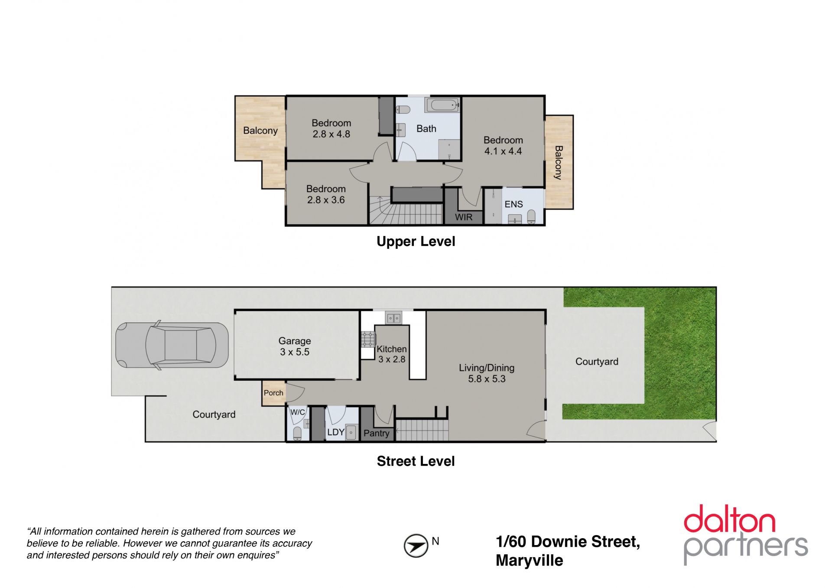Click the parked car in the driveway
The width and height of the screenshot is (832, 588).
[172, 346]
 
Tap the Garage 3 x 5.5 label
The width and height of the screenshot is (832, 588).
[295, 346]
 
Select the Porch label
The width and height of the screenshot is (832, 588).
[273, 393]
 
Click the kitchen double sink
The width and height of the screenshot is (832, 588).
[393, 318]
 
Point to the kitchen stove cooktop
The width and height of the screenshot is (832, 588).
[368, 339]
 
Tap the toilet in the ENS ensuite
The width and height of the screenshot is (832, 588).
[532, 216]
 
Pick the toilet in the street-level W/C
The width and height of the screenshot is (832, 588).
[298, 433]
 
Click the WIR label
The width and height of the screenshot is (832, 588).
[464, 217]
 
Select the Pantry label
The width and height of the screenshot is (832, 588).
[376, 433]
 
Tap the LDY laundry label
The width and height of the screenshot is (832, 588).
[335, 432]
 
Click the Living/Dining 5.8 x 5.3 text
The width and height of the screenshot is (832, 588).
[487, 373]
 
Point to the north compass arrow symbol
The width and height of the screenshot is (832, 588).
[416, 546]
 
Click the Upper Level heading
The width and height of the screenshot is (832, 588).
[416, 242]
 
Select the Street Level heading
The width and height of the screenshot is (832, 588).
[416, 461]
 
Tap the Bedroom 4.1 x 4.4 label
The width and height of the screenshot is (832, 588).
[503, 146]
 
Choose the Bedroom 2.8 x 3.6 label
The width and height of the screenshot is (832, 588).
[326, 194]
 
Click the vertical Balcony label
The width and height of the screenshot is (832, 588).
[559, 163]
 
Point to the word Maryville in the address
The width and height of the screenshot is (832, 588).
[530, 561]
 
